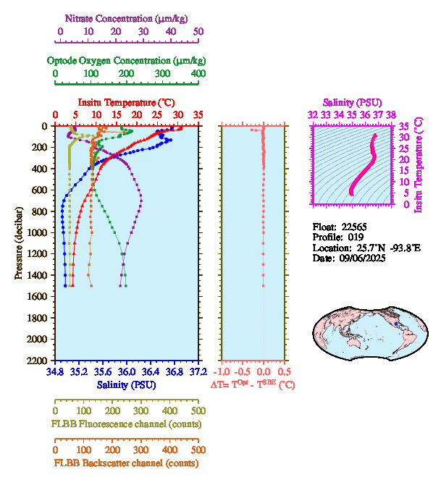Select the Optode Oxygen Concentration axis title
coord(126,60)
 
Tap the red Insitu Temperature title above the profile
coord(126,103)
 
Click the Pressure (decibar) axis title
coord(19,243)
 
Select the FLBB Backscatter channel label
coord(126,463)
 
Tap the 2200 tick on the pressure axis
coord(38,361)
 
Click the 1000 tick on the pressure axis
coord(38,232)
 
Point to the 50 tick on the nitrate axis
coord(198,32)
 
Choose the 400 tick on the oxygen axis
coord(198,74)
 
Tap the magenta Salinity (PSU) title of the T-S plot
coord(351,103)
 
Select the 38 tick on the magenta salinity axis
coord(391,114)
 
